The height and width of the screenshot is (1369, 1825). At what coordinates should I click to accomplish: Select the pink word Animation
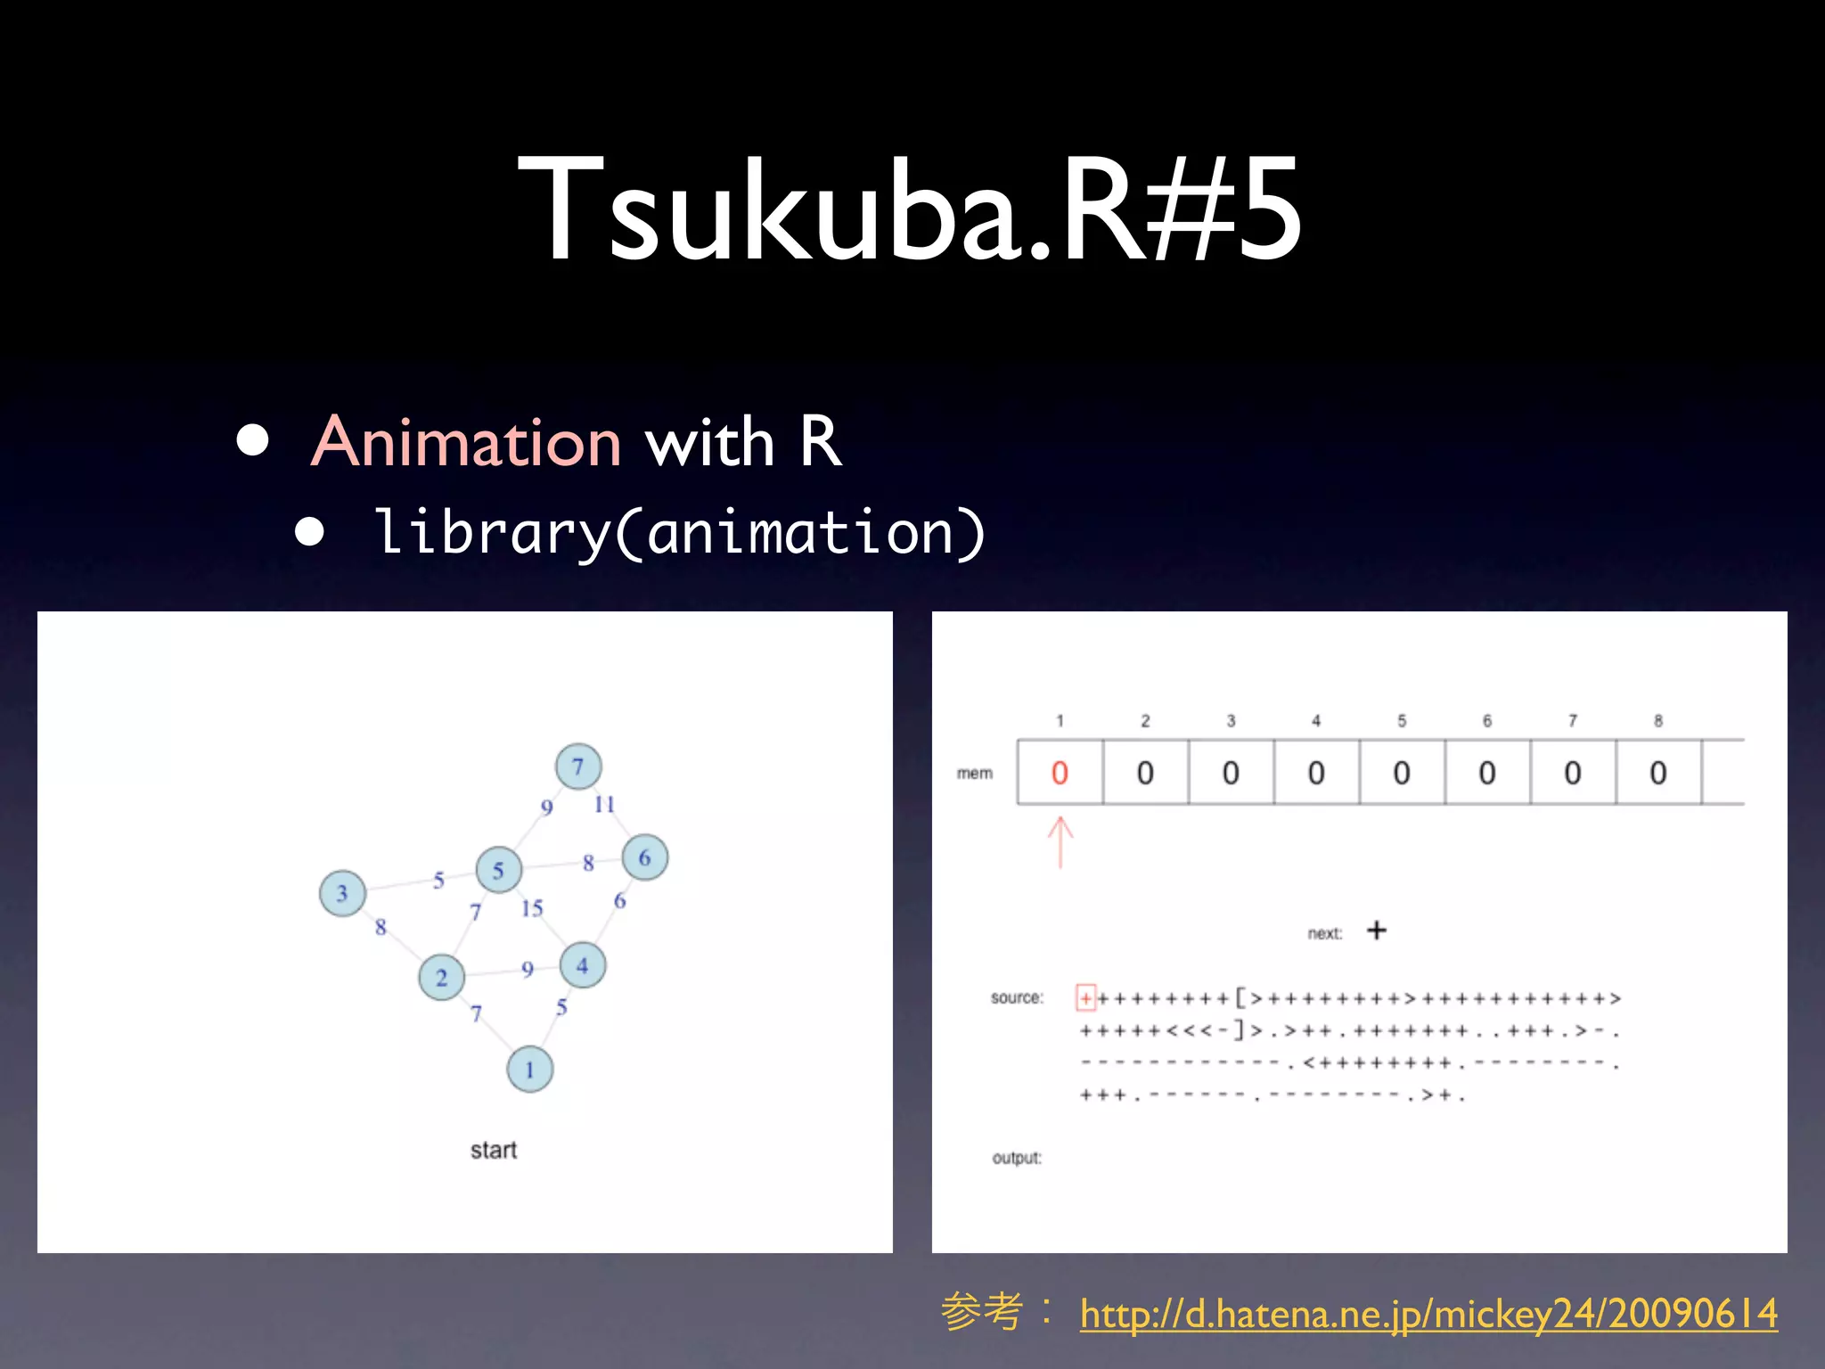(x=466, y=442)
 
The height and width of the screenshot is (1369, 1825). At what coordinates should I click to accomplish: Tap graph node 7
(x=578, y=766)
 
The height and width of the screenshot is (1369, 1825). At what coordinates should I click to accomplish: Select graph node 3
(x=342, y=893)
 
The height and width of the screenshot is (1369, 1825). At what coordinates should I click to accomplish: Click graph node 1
(x=529, y=1070)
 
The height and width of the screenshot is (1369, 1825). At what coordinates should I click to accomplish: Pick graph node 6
(x=644, y=857)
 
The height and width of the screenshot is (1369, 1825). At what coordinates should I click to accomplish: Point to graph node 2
(x=441, y=978)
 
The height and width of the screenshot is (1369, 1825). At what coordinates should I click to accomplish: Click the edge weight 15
(x=532, y=908)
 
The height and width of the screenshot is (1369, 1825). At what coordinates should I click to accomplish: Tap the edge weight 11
(x=604, y=804)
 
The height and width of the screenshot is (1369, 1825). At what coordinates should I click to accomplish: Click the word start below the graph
(x=493, y=1150)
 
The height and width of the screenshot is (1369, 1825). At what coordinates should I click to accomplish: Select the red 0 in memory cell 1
(x=1060, y=773)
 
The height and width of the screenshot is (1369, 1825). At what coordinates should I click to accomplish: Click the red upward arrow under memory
(x=1060, y=841)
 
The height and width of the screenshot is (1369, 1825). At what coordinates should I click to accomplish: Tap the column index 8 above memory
(x=1657, y=720)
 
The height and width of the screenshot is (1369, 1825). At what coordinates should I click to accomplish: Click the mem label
(x=974, y=773)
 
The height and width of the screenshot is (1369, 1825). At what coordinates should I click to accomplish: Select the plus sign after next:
(x=1377, y=930)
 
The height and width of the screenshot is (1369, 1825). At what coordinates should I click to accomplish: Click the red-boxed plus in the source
(x=1085, y=997)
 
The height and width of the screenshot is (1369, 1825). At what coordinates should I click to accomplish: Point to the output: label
(x=1016, y=1158)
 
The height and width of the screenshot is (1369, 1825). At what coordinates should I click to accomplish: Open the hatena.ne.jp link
(x=1428, y=1314)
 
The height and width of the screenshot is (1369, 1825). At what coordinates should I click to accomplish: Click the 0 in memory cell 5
(x=1402, y=773)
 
